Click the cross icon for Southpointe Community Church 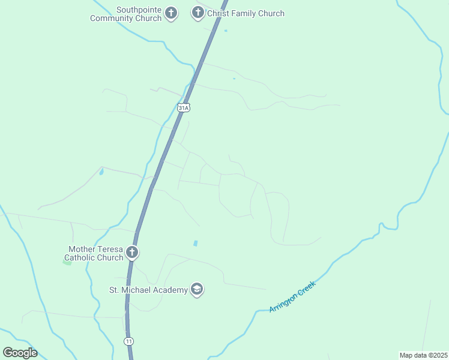171,13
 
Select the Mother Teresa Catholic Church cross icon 132,253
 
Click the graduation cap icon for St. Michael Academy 196,290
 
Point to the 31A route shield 184,107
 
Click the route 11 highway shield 128,341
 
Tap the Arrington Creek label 292,296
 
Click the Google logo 20,353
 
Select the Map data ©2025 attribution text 423,355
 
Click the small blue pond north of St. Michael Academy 195,243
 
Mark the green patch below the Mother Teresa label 67,262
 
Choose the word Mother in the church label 82,249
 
